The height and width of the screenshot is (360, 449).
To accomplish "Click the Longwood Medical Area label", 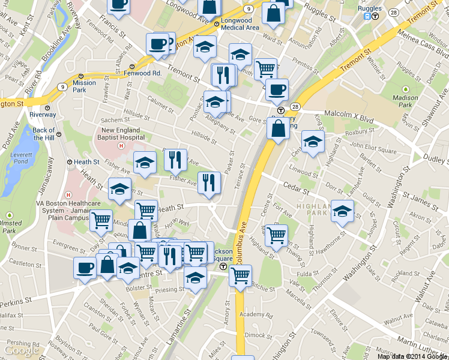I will (240, 24).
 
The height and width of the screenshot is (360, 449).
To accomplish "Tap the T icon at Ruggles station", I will (375, 17).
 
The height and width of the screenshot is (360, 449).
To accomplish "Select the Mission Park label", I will (84, 86).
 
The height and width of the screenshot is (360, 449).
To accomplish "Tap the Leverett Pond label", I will (20, 158).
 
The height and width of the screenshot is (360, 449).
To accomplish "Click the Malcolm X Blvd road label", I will (349, 112).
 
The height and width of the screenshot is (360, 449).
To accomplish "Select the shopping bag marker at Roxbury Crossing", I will (278, 129).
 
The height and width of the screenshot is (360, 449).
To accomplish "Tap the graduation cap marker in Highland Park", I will (342, 211).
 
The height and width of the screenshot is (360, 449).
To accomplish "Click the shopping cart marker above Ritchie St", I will (240, 276).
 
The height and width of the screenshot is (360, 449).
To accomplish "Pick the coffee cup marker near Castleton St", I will (85, 267).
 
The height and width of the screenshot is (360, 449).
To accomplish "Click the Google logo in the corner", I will (21, 350).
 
